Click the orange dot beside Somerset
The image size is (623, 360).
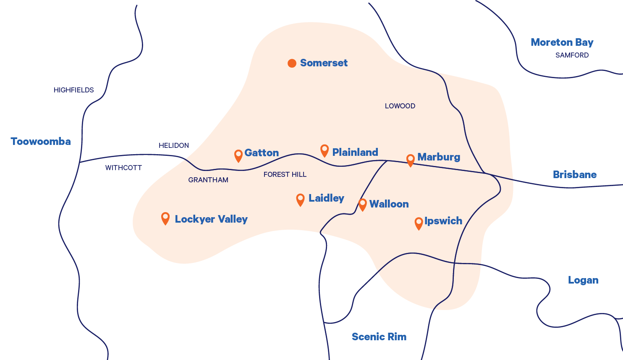tap(292, 63)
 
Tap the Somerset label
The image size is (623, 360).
tap(324, 63)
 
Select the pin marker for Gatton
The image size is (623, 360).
tap(238, 155)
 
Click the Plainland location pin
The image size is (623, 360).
tap(325, 150)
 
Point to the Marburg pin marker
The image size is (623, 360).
tap(411, 160)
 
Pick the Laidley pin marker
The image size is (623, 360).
tap(300, 199)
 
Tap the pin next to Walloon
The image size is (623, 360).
tap(363, 204)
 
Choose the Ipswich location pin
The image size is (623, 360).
tap(419, 223)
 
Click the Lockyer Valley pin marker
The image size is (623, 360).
tap(165, 218)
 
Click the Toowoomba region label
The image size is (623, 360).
tap(41, 142)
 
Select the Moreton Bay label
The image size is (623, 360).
tap(562, 42)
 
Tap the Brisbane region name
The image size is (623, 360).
tap(574, 175)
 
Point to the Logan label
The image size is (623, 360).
tap(583, 280)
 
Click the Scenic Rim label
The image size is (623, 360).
tap(379, 336)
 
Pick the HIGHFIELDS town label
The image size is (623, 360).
tap(74, 90)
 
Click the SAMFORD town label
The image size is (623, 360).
tap(572, 55)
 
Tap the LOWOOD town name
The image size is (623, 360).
tap(400, 106)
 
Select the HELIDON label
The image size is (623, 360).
tap(174, 145)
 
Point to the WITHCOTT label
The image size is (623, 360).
tap(123, 168)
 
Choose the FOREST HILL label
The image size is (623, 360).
tap(285, 174)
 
